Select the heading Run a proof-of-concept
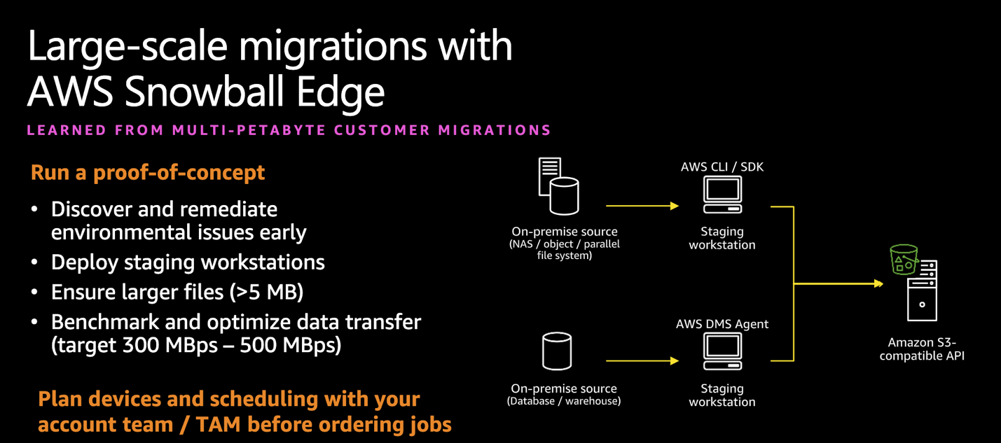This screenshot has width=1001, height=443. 148,172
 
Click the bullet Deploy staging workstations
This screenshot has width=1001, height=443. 188,262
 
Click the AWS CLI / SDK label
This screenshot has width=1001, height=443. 722,167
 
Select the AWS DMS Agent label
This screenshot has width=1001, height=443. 722,324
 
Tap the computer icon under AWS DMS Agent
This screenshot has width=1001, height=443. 722,351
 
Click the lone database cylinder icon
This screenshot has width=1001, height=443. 557,351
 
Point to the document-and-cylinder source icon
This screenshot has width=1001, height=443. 558,187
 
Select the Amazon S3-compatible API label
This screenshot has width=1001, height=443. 922,349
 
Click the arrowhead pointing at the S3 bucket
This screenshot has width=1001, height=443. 878,283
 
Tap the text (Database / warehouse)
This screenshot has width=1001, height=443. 563,402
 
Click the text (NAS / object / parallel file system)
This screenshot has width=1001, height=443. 564,250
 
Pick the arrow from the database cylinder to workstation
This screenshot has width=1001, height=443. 642,361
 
